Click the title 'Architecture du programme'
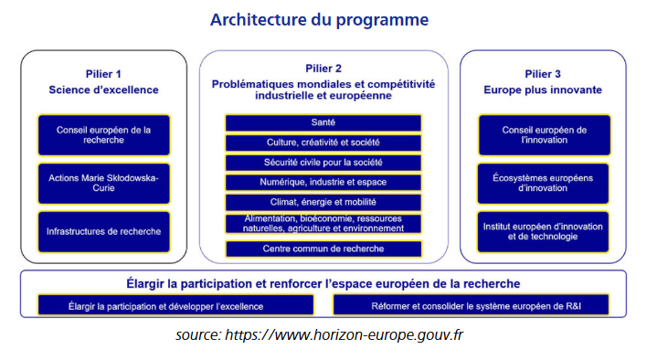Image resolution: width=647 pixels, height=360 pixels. coord(319,20)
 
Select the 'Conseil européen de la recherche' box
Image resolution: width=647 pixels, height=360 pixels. coord(104,135)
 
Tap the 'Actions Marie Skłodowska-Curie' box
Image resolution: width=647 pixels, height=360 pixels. coord(104,184)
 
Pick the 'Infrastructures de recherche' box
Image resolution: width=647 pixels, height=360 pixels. coord(104,232)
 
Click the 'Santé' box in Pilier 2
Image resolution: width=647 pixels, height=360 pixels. coord(323,122)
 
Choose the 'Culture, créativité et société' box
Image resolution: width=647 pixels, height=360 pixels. coord(323,143)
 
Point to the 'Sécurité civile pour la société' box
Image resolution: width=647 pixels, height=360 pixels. coord(323,163)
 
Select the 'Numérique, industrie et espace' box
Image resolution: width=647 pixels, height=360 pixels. coord(323,182)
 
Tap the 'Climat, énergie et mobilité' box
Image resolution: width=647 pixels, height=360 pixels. coord(323,202)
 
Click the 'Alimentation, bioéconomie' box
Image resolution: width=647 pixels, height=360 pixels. coord(323,224)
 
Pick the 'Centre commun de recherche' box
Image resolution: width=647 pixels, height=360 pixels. coord(323,249)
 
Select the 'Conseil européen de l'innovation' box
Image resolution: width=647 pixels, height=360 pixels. coord(545,135)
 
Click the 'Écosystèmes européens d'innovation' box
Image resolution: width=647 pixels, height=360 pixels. coord(543,184)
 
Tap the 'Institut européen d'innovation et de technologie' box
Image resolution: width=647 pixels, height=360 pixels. coord(543,232)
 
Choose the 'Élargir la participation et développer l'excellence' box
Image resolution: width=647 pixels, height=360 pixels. coord(175,305)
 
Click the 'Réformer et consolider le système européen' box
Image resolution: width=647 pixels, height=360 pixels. coord(471,305)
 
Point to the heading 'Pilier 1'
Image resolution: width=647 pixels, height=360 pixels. coord(103,74)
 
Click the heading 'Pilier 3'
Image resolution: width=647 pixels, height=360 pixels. coord(543,74)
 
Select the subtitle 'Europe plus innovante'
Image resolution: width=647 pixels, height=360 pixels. coord(543,90)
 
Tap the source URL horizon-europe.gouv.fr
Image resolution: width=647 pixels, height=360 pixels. coord(345,334)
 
